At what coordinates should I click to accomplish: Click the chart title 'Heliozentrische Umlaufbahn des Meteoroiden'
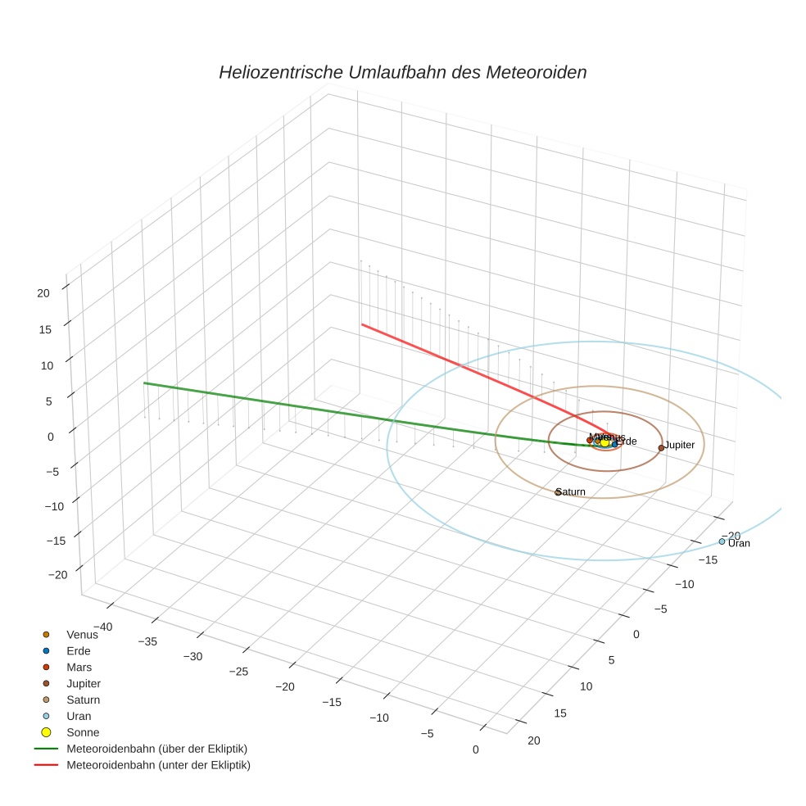pos(402,72)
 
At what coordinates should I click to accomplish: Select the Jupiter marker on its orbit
pos(661,447)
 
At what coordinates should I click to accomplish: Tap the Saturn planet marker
pos(558,492)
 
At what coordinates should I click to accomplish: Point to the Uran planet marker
pos(722,541)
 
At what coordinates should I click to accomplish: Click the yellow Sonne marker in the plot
pos(605,442)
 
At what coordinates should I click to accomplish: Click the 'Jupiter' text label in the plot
pos(680,445)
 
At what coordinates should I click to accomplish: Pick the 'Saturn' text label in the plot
pos(572,491)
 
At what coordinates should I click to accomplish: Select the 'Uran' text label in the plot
pos(739,543)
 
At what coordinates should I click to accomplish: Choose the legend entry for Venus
pos(82,635)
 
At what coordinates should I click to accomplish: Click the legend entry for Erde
pos(79,651)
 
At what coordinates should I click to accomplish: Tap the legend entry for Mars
pos(79,668)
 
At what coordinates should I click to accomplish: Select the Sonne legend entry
pos(82,732)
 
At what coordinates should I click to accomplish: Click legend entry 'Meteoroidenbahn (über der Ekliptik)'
pos(156,749)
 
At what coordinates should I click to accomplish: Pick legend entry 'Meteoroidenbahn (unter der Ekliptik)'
pos(158,765)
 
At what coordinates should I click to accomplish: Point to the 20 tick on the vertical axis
pos(43,292)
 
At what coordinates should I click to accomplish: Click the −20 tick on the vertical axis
pos(57,575)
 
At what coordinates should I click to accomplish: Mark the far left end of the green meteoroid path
pos(144,383)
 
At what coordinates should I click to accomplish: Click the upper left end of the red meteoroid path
pos(362,324)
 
